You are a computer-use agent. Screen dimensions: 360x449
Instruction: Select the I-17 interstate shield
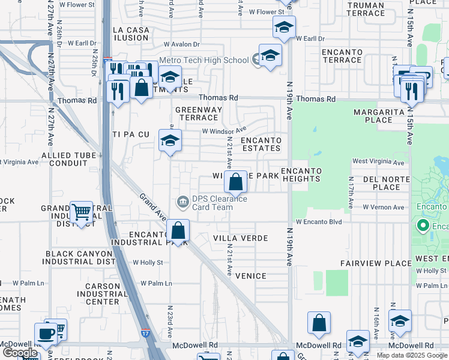145,331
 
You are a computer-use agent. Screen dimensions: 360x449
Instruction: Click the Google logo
20,353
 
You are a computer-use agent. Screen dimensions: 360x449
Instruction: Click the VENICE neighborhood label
250,276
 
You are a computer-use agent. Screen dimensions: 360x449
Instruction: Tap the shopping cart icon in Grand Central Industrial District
81,212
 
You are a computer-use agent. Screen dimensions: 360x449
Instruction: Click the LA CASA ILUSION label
130,34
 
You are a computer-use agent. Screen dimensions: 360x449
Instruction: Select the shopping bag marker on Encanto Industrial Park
178,230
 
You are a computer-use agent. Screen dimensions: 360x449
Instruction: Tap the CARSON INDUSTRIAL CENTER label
94,294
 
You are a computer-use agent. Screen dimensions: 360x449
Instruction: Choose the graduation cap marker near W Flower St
284,26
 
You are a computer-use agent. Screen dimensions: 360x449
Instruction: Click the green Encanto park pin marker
423,226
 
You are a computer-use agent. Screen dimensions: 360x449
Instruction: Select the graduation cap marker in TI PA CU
170,141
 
